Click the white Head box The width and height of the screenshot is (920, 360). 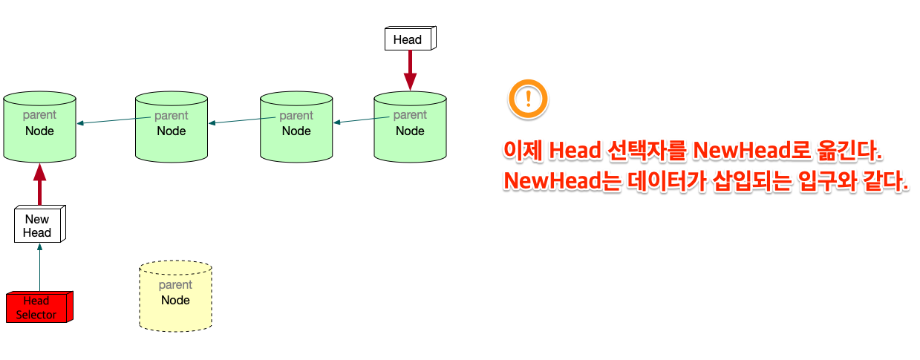click(408, 39)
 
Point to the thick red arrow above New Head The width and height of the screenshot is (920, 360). click(39, 185)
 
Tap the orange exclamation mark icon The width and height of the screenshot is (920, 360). click(527, 99)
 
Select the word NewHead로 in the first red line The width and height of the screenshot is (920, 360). click(751, 151)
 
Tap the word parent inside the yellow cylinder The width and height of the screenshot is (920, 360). click(175, 285)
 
